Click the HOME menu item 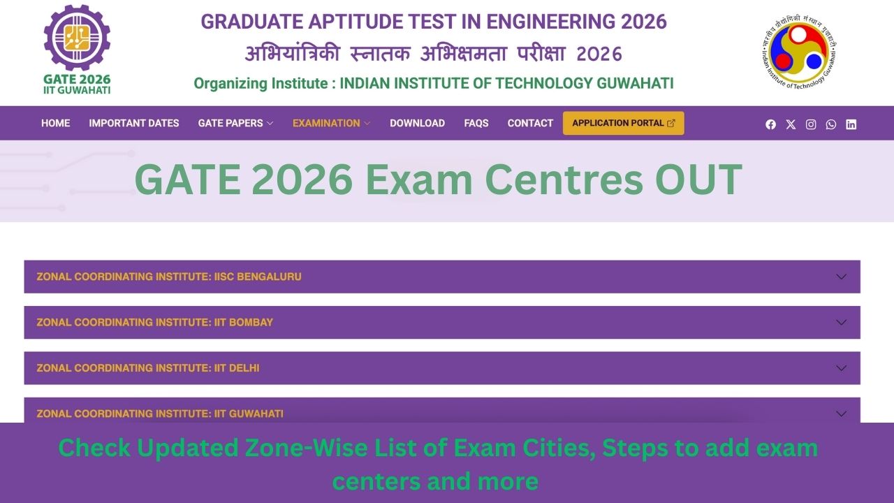[x=55, y=123]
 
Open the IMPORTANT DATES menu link [x=134, y=123]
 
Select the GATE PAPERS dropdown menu [x=235, y=123]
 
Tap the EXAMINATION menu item [x=331, y=123]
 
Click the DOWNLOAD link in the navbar [x=417, y=123]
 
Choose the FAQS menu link [x=476, y=123]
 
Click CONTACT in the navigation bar [x=530, y=123]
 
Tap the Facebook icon [x=770, y=124]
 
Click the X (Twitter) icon [x=791, y=124]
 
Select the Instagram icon [x=811, y=124]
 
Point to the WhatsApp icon [x=830, y=124]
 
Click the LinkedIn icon [x=851, y=124]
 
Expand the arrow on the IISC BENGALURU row [x=841, y=277]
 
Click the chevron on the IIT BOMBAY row [x=841, y=322]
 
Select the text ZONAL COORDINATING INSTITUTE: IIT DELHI [x=148, y=368]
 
